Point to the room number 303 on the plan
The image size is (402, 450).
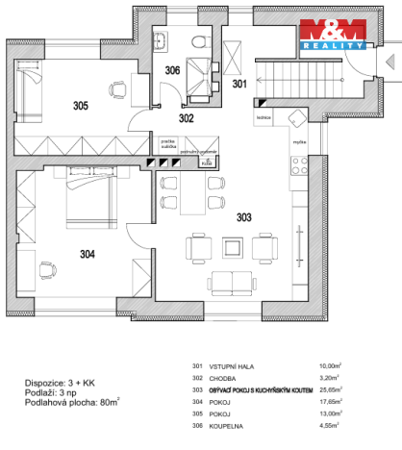pyautogui.click(x=242, y=218)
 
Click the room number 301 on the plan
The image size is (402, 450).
pyautogui.click(x=239, y=84)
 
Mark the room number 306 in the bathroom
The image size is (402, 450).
pyautogui.click(x=171, y=70)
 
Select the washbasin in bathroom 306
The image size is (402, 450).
pyautogui.click(x=162, y=39)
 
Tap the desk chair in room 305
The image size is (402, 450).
pyautogui.click(x=118, y=90)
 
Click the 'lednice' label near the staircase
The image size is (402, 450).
pyautogui.click(x=262, y=118)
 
